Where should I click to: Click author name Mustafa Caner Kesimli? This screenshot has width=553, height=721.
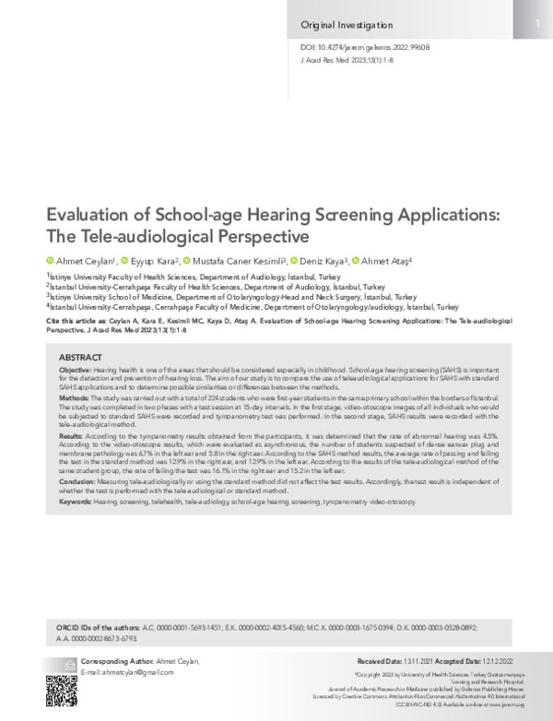coord(236,261)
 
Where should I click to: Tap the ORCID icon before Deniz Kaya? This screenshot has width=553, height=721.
coord(295,261)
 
